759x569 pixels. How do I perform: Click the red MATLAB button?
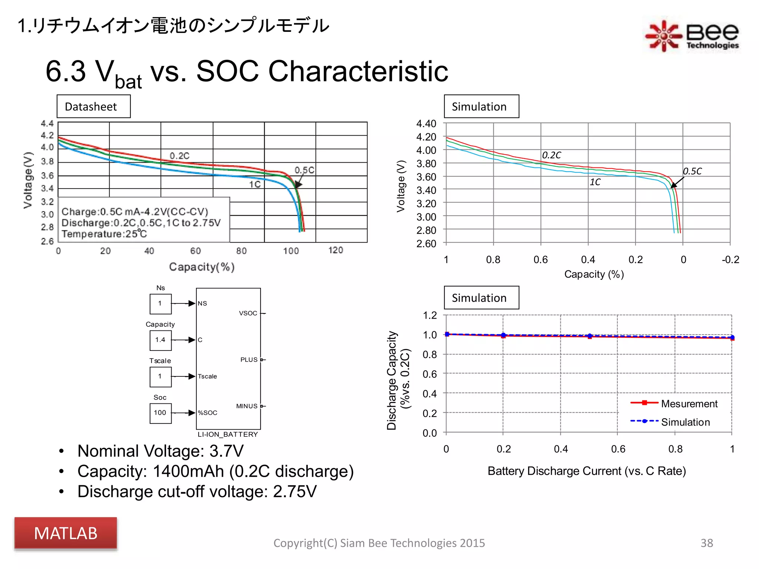(x=66, y=533)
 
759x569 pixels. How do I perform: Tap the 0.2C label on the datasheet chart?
(x=179, y=156)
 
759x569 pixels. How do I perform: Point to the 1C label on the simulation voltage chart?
(x=595, y=182)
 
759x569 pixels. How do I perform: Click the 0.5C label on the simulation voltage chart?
(x=692, y=171)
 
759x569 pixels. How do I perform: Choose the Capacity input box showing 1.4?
(x=160, y=340)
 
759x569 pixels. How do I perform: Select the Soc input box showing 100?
(x=160, y=413)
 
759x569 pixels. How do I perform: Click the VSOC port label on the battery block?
(x=248, y=313)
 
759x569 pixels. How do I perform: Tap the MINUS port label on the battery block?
(x=247, y=406)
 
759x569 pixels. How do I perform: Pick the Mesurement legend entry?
(x=689, y=404)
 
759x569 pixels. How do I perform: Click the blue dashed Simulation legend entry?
(x=685, y=422)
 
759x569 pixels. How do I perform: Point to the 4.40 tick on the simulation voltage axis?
(x=426, y=124)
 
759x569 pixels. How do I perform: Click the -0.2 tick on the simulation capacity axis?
(x=730, y=260)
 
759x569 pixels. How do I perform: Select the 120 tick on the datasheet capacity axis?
(x=335, y=250)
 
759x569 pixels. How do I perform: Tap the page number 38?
(x=706, y=543)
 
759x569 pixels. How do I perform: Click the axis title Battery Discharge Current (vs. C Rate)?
(x=587, y=471)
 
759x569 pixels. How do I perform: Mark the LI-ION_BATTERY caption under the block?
(x=228, y=435)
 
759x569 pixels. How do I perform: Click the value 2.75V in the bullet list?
(x=295, y=492)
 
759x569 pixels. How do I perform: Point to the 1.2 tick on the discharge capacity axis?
(x=430, y=316)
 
